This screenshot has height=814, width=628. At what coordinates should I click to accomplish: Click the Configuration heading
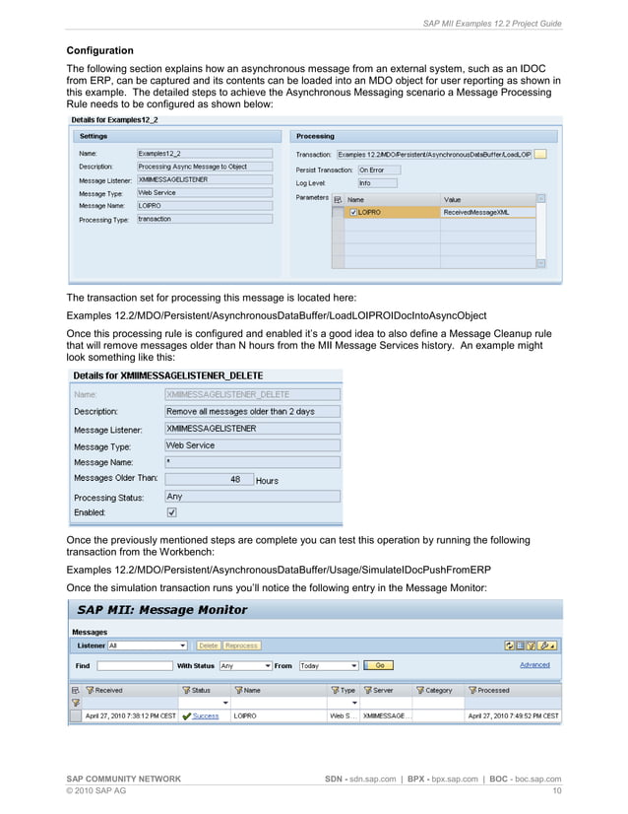point(99,50)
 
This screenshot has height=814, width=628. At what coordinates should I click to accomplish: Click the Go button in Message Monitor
point(378,665)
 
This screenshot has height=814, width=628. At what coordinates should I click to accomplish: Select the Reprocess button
point(241,645)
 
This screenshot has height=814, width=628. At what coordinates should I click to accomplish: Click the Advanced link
point(534,665)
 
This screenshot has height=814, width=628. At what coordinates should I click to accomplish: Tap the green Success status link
point(205,715)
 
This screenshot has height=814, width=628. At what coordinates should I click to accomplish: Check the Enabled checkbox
point(172,512)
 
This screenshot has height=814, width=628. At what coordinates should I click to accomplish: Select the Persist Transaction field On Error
point(384,170)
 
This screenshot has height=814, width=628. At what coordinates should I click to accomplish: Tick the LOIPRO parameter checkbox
point(353,212)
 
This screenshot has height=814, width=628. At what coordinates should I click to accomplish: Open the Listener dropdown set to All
point(148,645)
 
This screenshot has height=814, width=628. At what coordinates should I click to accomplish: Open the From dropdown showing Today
point(329,665)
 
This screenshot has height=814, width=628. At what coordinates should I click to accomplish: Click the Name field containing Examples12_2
point(204,154)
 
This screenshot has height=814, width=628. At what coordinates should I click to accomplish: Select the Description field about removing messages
point(252,411)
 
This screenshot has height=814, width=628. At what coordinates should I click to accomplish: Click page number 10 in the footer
point(557,790)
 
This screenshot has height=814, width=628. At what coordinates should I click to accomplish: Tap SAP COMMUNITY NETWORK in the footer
point(123,779)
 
